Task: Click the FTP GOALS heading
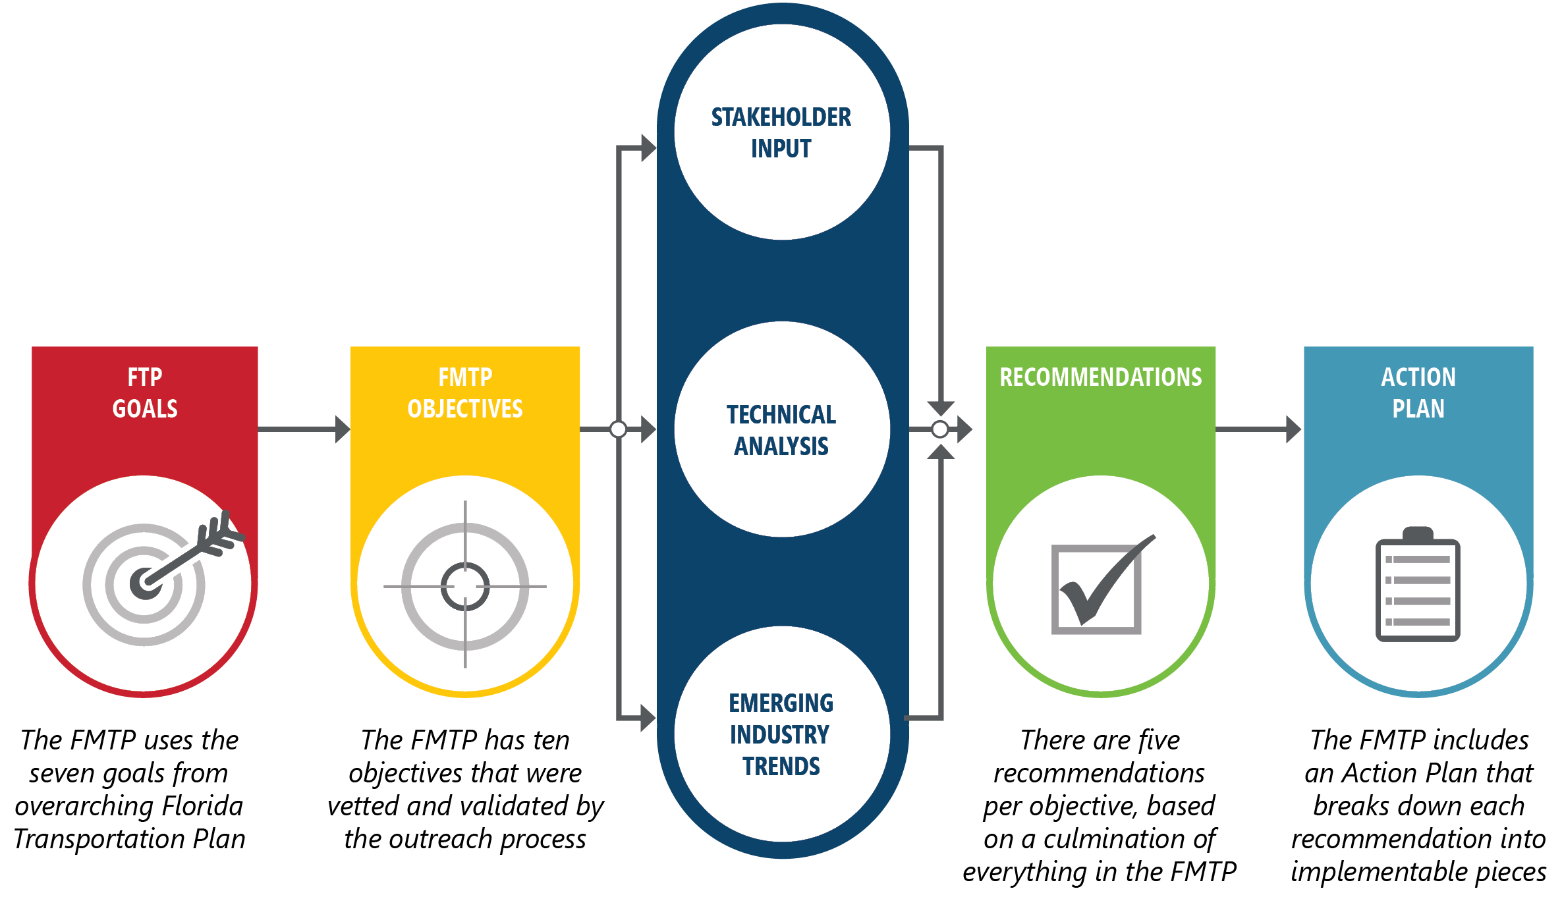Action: [145, 393]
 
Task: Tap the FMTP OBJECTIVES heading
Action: [465, 393]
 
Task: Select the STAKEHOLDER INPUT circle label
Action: [781, 133]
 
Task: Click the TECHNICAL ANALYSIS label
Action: [781, 430]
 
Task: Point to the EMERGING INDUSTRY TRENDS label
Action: [781, 734]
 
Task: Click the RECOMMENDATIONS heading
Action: [1101, 377]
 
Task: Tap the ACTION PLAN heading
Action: [1418, 393]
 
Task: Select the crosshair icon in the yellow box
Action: [465, 586]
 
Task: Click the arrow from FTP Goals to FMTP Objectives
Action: [303, 429]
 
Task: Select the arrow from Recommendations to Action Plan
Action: [1258, 429]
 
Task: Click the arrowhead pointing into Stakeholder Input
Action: [648, 148]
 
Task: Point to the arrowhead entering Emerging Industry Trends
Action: [648, 718]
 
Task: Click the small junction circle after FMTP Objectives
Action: [618, 429]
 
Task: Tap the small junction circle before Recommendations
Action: [940, 429]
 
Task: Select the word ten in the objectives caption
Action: [551, 740]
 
